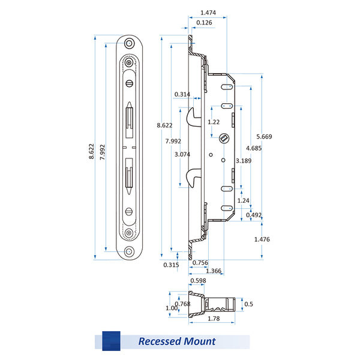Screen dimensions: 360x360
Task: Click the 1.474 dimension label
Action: (208, 13)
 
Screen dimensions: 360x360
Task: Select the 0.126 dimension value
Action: (203, 23)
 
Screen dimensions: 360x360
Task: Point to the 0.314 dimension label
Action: (182, 94)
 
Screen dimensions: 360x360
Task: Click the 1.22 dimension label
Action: (213, 122)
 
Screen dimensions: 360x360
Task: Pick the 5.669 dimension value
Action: (263, 137)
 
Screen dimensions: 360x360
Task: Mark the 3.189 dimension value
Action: (244, 161)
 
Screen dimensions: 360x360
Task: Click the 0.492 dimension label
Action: (254, 215)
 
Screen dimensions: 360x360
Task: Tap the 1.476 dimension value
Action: (262, 239)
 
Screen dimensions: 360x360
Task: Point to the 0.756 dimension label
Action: (200, 262)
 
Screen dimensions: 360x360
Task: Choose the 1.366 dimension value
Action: (213, 271)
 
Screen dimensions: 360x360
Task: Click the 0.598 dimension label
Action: (198, 281)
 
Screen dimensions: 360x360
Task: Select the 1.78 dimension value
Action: (213, 319)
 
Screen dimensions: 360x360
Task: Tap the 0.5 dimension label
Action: (249, 304)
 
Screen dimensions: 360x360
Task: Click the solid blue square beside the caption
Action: (111, 340)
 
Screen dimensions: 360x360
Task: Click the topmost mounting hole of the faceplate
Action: (129, 43)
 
